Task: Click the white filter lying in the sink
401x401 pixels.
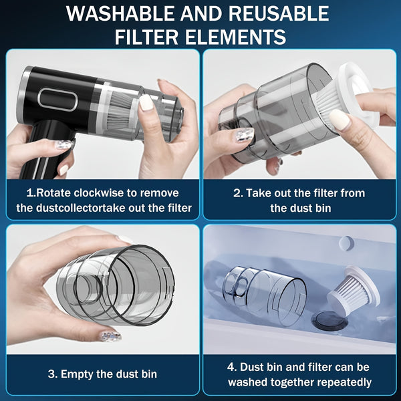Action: pyautogui.click(x=352, y=291)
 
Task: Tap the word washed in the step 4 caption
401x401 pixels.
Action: pyautogui.click(x=249, y=382)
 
